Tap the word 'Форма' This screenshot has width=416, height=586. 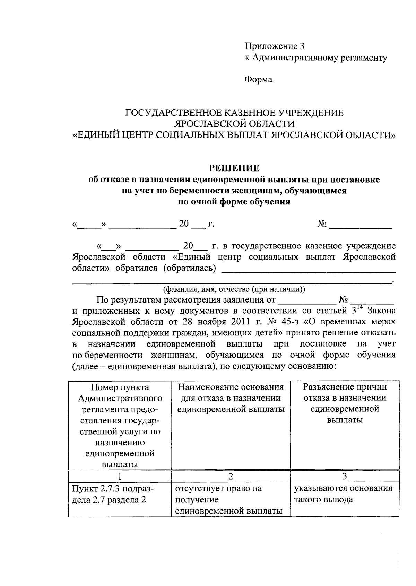pos(258,80)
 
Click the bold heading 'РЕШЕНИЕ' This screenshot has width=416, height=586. pos(234,168)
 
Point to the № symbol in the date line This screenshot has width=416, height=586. pos(322,224)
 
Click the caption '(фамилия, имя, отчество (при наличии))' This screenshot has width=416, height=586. pos(234,289)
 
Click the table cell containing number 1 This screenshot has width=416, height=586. pos(120,476)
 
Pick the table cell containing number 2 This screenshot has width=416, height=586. pos(231,476)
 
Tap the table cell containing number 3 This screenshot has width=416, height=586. pos(344,476)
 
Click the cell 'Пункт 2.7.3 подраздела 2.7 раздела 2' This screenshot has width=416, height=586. pos(113,494)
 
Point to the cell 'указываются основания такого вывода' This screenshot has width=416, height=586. pos(343,494)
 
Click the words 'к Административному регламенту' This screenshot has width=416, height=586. pos(316,58)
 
